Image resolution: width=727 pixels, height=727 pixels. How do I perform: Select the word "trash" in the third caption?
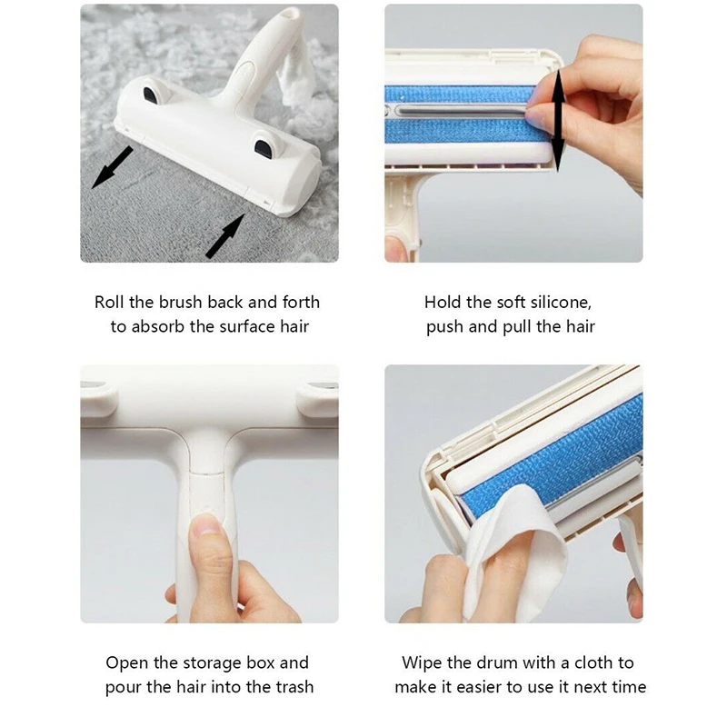(x=294, y=687)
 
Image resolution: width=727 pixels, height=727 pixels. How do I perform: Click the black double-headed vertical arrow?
(x=558, y=120)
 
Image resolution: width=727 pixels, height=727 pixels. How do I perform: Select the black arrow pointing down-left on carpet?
(x=112, y=167)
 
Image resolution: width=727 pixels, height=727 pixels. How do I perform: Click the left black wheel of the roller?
(x=152, y=95)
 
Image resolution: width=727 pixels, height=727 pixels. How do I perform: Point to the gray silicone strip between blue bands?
(x=463, y=110)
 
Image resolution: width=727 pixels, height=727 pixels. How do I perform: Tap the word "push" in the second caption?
(x=445, y=328)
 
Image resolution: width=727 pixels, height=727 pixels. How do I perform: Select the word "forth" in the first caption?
(x=302, y=303)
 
